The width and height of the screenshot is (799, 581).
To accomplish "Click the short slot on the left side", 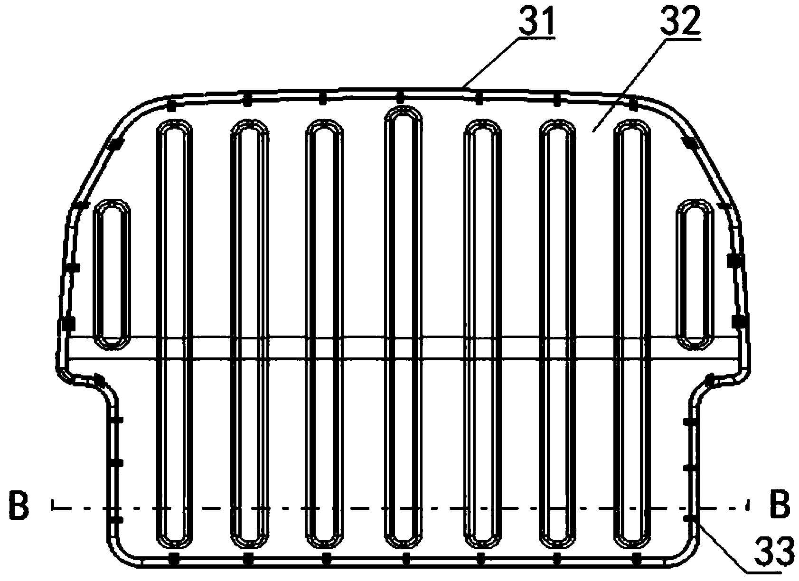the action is pyautogui.click(x=111, y=274).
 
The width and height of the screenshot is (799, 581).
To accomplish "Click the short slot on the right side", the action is pyautogui.click(x=695, y=274).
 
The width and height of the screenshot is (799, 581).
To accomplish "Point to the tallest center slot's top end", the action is pyautogui.click(x=403, y=107).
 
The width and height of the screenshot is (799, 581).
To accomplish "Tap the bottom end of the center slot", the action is pyautogui.click(x=403, y=549).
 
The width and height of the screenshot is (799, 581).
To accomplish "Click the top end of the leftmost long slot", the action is pyautogui.click(x=175, y=120).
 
